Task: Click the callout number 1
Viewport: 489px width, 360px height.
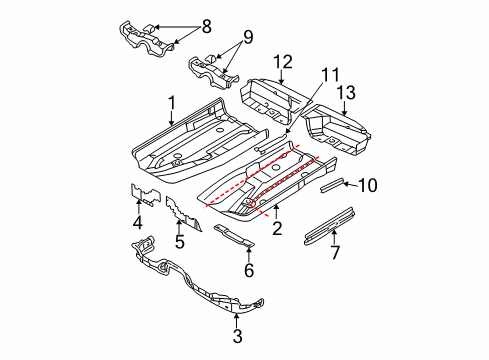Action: pyautogui.click(x=172, y=103)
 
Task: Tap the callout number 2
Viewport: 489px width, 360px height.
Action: pyautogui.click(x=277, y=228)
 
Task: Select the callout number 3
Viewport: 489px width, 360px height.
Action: pyautogui.click(x=237, y=336)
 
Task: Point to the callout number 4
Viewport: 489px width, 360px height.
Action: pyautogui.click(x=138, y=222)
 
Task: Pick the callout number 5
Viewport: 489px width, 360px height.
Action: pyautogui.click(x=180, y=242)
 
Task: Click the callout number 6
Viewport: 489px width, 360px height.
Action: pyautogui.click(x=249, y=270)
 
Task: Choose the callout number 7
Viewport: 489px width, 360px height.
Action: pyautogui.click(x=335, y=252)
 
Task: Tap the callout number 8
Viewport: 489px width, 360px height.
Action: pyautogui.click(x=207, y=26)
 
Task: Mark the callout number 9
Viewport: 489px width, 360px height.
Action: pyautogui.click(x=248, y=37)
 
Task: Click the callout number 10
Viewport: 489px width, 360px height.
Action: pyautogui.click(x=368, y=185)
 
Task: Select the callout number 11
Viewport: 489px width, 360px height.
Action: pyautogui.click(x=330, y=75)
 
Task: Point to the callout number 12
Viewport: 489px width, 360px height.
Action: pyautogui.click(x=283, y=62)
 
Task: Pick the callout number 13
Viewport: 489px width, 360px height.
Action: pyautogui.click(x=346, y=93)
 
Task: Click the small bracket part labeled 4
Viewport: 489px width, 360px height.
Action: pyautogui.click(x=144, y=195)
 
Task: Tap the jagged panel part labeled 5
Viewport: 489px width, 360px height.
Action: pyautogui.click(x=183, y=214)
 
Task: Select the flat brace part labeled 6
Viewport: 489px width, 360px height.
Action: pyautogui.click(x=234, y=236)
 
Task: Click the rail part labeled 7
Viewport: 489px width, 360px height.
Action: pyautogui.click(x=329, y=226)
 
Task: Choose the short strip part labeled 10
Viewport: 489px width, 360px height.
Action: pyautogui.click(x=332, y=185)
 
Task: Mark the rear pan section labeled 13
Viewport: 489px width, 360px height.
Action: pyautogui.click(x=337, y=130)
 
